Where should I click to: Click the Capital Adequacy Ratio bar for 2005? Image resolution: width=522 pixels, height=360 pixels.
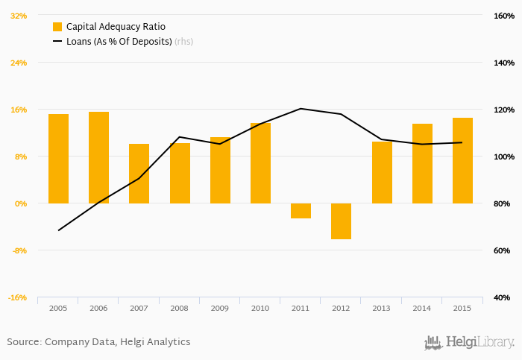click(x=58, y=159)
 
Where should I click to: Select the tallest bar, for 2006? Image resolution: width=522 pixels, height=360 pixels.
click(x=98, y=157)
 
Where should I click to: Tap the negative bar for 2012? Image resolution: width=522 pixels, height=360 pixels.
click(x=341, y=221)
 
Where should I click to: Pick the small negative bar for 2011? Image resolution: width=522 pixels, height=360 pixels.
click(x=301, y=211)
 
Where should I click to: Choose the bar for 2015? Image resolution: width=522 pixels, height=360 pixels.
click(x=462, y=160)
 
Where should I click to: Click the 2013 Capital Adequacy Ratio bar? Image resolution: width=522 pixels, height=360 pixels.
click(x=382, y=172)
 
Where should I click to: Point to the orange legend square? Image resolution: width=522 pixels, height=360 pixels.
click(x=57, y=27)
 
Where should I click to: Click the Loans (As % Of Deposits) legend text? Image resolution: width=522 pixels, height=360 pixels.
click(x=119, y=42)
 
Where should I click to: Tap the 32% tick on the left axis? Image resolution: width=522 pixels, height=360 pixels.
click(x=18, y=16)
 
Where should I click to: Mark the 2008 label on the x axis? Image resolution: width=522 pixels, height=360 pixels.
click(x=179, y=308)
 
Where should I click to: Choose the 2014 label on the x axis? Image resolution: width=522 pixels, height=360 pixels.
click(x=422, y=308)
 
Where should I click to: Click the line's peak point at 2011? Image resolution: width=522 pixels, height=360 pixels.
click(x=301, y=109)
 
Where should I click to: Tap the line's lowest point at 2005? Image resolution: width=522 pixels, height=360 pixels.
click(x=58, y=230)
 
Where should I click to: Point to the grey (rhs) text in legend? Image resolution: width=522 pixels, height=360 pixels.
click(x=183, y=42)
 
